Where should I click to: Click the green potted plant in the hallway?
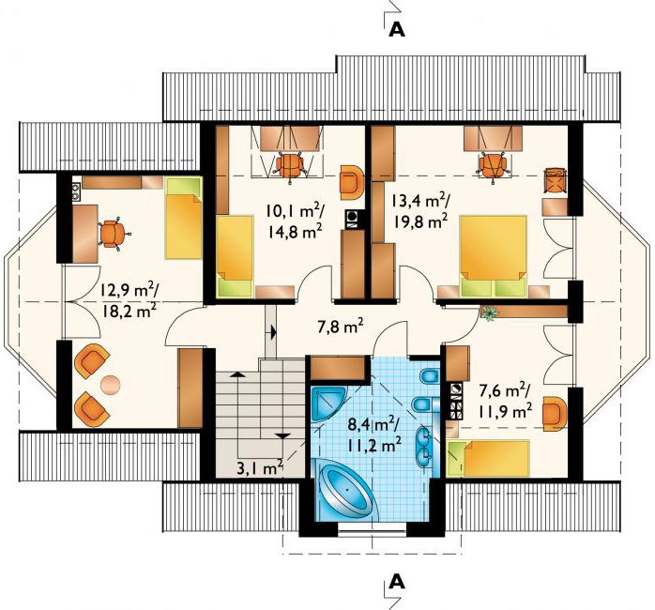pyautogui.click(x=489, y=313)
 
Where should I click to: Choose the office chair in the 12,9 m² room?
pyautogui.click(x=113, y=232)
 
